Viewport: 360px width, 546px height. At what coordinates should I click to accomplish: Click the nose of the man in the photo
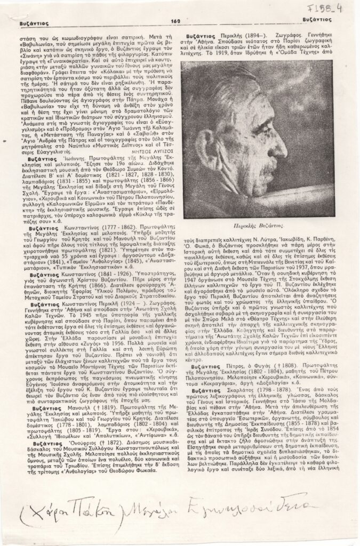[283, 151]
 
